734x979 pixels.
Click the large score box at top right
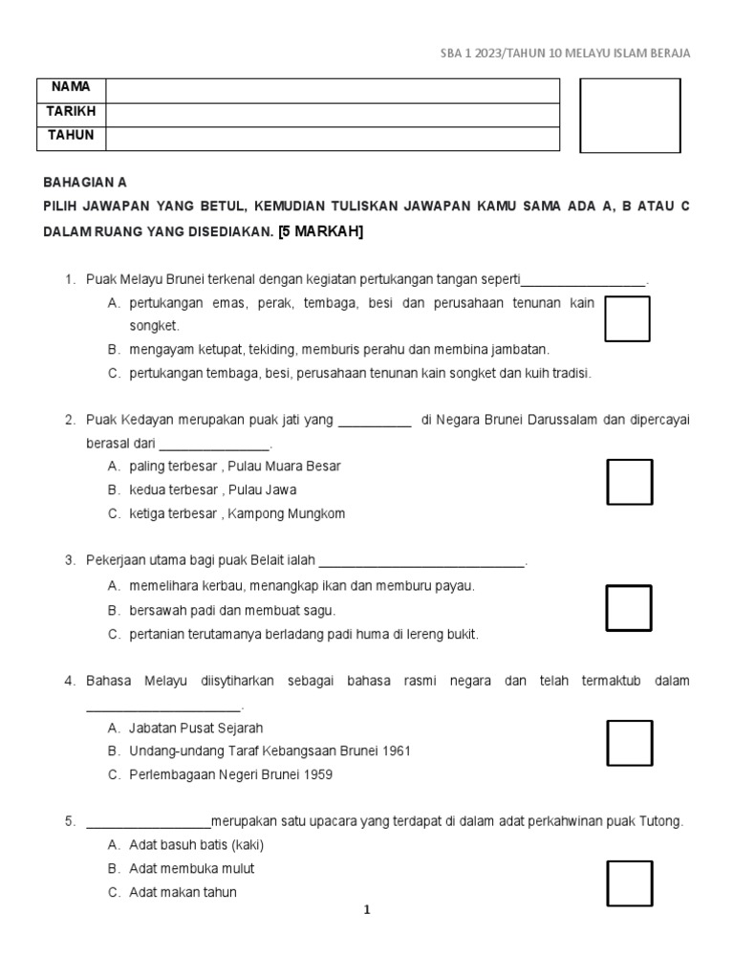pyautogui.click(x=630, y=116)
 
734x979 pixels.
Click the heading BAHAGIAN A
pyautogui.click(x=85, y=182)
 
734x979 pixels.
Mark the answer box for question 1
pyautogui.click(x=627, y=318)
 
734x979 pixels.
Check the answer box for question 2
pyautogui.click(x=630, y=482)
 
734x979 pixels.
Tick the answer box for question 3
pyautogui.click(x=629, y=608)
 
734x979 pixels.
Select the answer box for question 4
pyautogui.click(x=630, y=743)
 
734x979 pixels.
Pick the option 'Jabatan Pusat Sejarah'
pyautogui.click(x=195, y=728)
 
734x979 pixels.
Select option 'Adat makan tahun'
pyautogui.click(x=183, y=892)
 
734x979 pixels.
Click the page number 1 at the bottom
pyautogui.click(x=366, y=910)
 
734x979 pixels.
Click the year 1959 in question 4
pyautogui.click(x=315, y=775)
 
